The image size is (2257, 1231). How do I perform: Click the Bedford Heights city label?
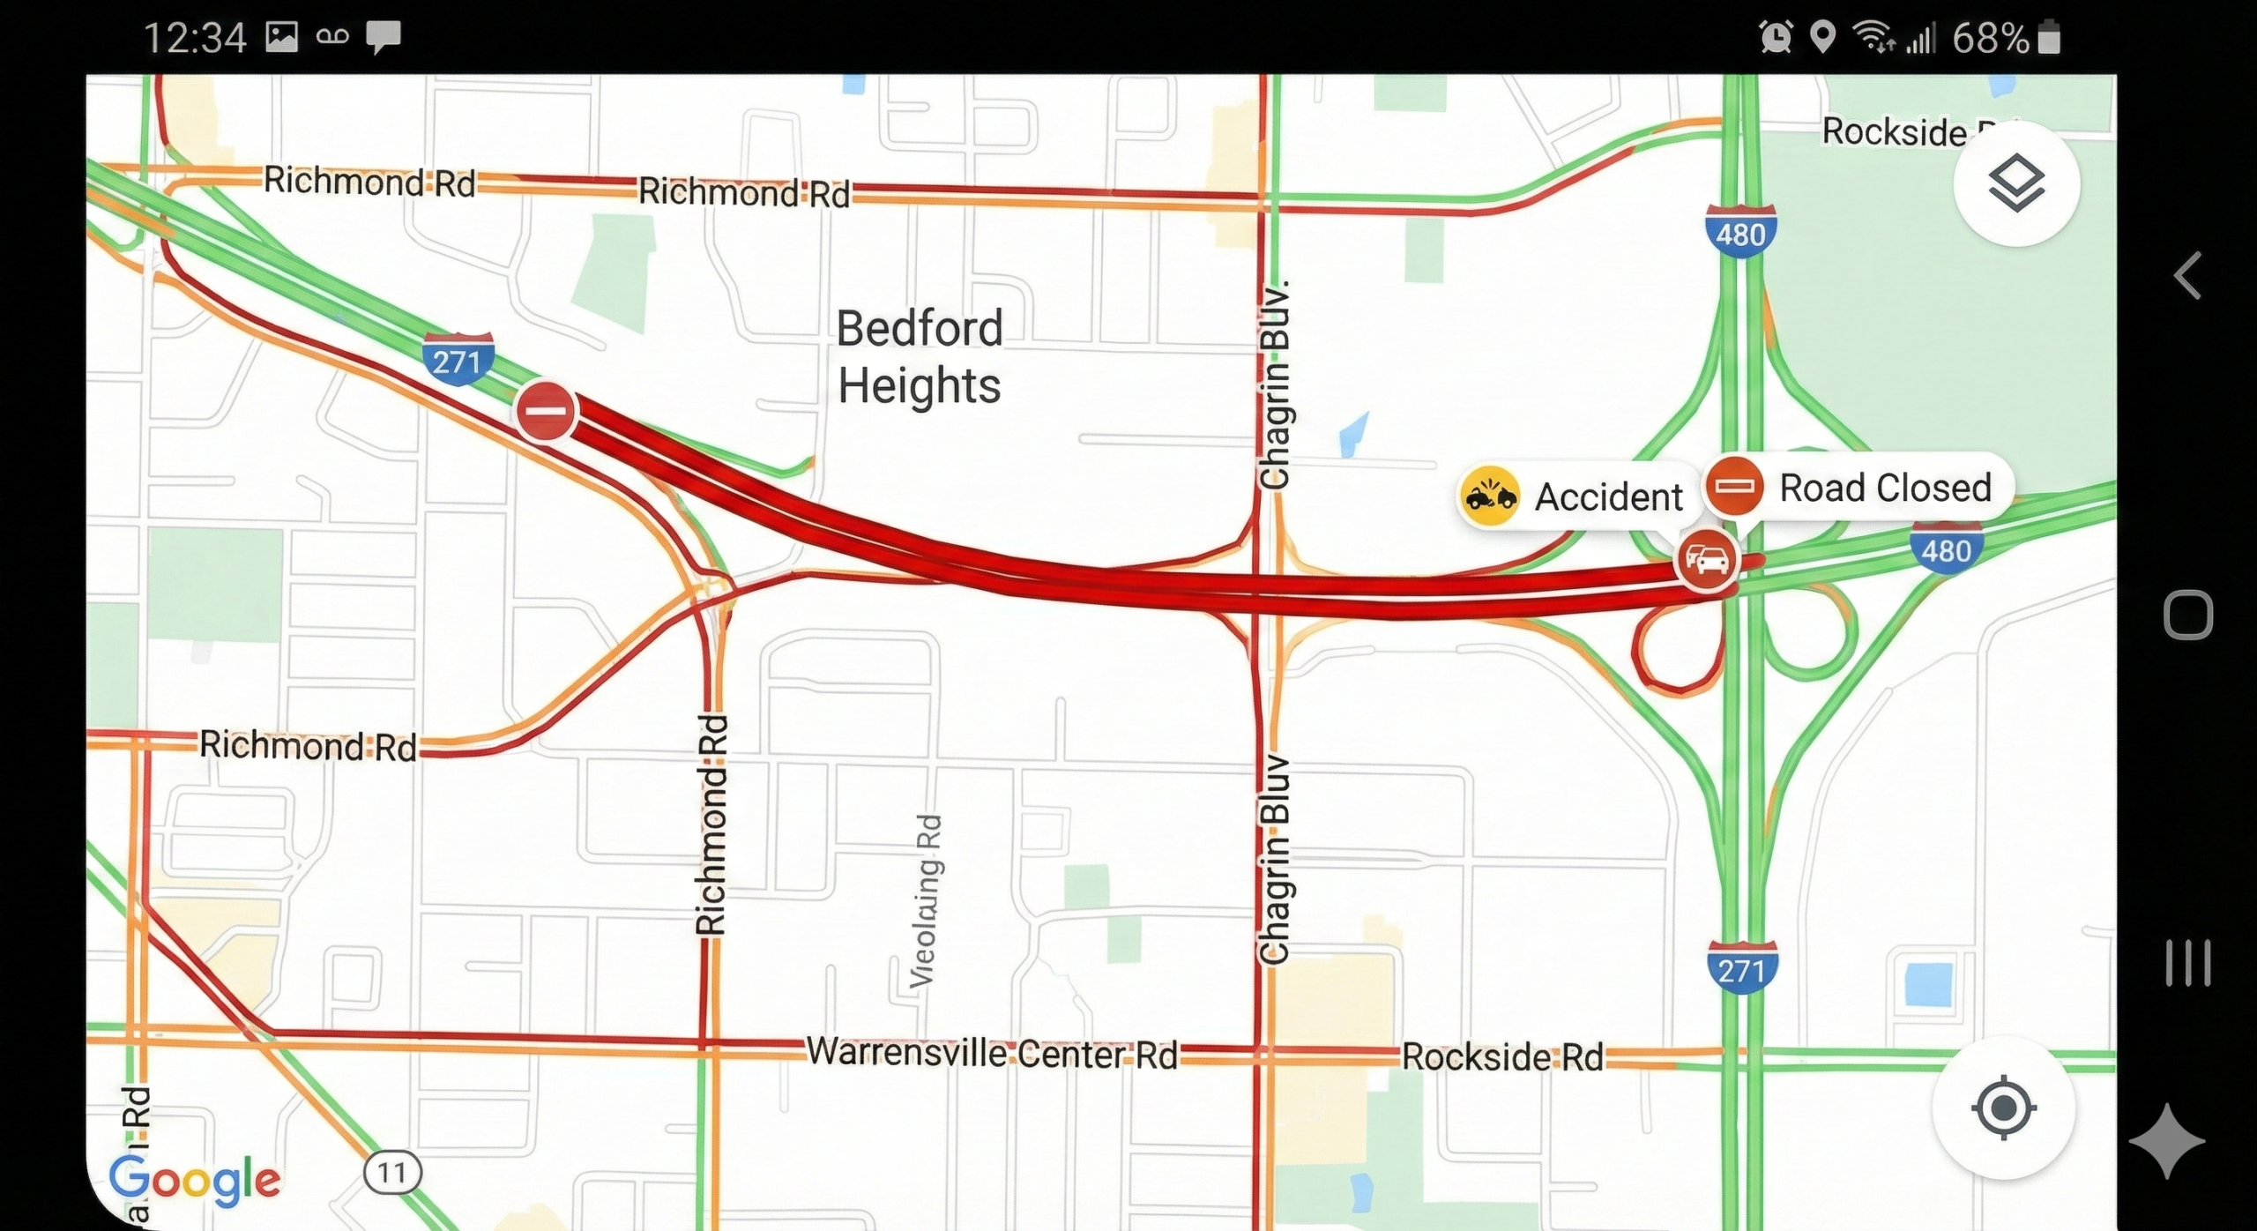[x=920, y=356]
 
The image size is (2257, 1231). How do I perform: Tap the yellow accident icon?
[x=1489, y=496]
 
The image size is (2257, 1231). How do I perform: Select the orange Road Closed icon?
[x=1734, y=487]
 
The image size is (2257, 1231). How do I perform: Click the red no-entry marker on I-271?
[x=547, y=411]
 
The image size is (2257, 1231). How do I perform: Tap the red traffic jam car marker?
[x=1707, y=559]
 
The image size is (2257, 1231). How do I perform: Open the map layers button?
[x=2016, y=183]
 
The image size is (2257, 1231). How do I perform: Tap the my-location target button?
[x=2003, y=1107]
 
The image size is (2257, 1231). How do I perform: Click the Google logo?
[x=195, y=1180]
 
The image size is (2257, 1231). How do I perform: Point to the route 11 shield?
[x=392, y=1173]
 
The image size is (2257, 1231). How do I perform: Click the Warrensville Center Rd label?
[x=992, y=1053]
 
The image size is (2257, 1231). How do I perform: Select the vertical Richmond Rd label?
[x=711, y=824]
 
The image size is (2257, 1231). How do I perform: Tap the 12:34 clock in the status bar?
[x=195, y=38]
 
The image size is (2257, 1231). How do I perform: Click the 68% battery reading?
[x=1991, y=38]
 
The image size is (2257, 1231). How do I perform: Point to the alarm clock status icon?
[x=1776, y=37]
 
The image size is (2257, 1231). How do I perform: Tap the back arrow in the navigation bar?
[x=2187, y=276]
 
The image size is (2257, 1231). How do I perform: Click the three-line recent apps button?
[x=2188, y=962]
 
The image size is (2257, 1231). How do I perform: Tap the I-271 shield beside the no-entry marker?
[x=458, y=359]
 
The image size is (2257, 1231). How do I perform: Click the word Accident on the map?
[x=1609, y=497]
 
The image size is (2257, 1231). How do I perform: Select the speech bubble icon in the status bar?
[x=384, y=37]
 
